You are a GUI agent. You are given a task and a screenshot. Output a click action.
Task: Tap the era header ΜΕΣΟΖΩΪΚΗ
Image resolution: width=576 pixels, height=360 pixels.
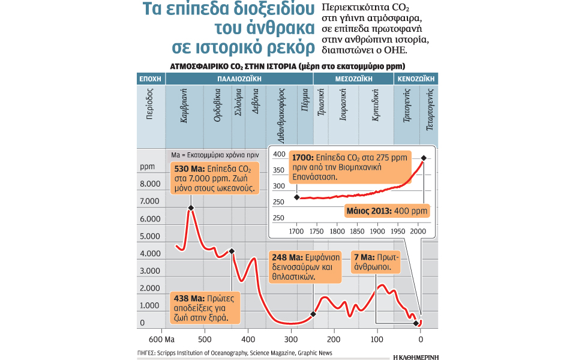pos(355,79)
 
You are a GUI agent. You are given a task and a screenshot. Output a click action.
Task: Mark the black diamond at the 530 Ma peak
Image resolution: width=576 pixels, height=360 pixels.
pos(191,208)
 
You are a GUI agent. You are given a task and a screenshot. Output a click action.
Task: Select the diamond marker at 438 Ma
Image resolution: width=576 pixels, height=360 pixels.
pos(232,251)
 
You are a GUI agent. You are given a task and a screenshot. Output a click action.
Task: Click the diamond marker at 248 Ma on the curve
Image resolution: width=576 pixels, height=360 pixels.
pos(313,314)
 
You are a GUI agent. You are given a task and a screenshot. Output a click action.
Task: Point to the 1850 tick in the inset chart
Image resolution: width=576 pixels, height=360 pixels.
pos(357,231)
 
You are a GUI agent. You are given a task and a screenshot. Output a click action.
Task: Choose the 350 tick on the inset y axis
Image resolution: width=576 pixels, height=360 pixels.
pos(279,170)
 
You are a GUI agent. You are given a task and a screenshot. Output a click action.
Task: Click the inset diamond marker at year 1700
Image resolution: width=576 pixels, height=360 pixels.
pos(296,197)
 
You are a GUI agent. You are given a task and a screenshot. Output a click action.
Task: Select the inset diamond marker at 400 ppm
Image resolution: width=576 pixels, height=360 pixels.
pos(424,158)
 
